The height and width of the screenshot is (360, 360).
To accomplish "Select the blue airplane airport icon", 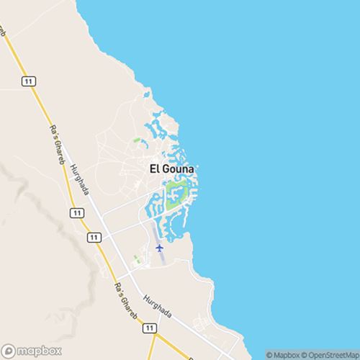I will coord(160,248).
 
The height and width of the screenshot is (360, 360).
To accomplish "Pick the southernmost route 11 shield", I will coord(150,328).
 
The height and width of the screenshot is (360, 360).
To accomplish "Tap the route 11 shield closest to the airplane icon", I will coord(91,237).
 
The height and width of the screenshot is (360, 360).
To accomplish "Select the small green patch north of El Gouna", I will coord(136,141).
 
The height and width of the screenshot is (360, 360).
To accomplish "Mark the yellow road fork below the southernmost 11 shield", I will coord(158,338).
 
